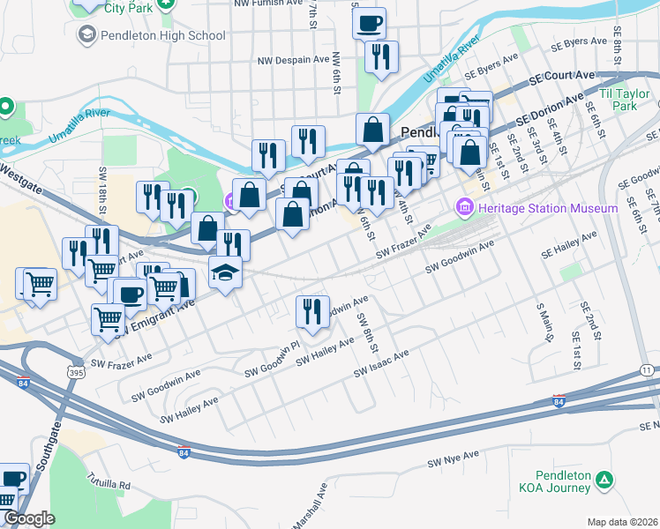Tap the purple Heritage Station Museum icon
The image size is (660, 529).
pos(464,208)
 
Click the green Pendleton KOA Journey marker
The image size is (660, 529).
pos(604,481)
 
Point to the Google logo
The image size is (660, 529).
pos(29,518)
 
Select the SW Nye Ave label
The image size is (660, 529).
pos(453,459)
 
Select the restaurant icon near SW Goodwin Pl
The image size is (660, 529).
pos(312,311)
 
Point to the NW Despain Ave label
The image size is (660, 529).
pos(294,61)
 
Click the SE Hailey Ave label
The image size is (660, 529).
pos(569,246)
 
